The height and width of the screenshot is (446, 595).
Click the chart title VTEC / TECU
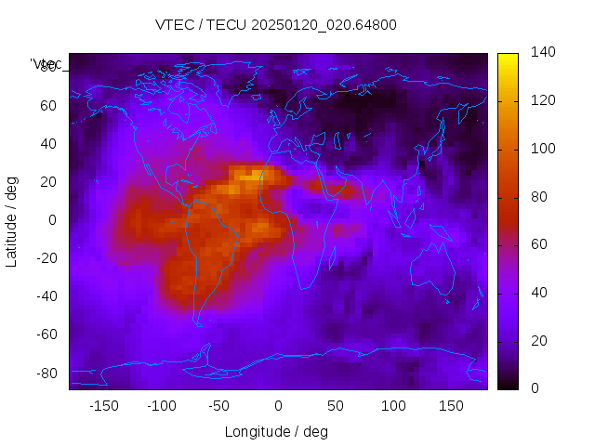click(x=276, y=25)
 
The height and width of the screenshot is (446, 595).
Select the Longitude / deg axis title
click(x=276, y=432)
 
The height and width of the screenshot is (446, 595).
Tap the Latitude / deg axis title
click(x=12, y=219)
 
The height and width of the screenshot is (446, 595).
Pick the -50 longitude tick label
click(x=219, y=406)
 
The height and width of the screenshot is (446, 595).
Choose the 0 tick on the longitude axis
click(x=278, y=406)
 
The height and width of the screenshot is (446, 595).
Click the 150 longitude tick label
click(x=451, y=406)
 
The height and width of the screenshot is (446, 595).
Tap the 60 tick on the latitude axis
click(x=49, y=105)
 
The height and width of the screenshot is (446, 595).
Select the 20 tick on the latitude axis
click(x=49, y=181)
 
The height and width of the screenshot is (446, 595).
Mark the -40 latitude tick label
click(x=46, y=296)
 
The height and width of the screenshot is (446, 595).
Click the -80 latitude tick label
click(x=46, y=373)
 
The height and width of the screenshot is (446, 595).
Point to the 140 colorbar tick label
click(x=542, y=53)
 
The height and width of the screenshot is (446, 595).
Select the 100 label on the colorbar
click(x=542, y=149)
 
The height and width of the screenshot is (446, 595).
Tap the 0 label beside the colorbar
click(x=535, y=388)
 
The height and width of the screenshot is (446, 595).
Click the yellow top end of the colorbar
click(x=508, y=59)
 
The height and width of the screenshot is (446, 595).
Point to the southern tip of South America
click(x=198, y=323)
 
